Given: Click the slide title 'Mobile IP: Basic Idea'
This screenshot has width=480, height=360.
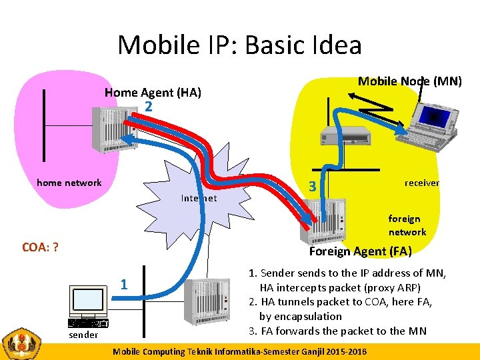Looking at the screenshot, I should coord(239,45).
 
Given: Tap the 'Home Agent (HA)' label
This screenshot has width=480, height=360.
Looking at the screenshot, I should coord(153,93).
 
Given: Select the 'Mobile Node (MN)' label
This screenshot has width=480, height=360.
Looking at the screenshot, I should coord(409,81).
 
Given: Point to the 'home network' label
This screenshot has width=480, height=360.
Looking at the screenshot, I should coord(69,183).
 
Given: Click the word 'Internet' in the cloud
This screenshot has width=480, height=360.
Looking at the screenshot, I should coord(199,198).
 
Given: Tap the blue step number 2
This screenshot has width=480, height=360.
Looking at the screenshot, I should coord(149,107).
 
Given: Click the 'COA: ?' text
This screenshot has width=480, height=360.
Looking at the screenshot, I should coord(40,247).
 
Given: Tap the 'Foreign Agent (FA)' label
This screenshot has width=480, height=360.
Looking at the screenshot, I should coord(360,251).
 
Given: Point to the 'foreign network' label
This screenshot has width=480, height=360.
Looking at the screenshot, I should coord(407,225).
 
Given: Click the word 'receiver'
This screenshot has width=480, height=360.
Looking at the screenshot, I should coord(421,183).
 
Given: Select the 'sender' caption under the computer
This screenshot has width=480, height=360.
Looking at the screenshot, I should coord(83,335).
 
